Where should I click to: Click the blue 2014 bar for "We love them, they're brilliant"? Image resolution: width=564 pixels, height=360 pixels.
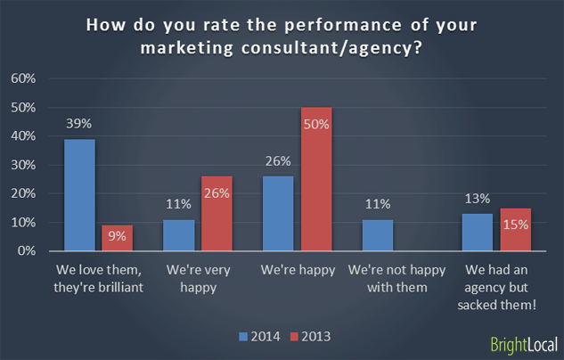[x=80, y=195]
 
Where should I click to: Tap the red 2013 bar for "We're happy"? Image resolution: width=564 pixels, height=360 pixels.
[x=315, y=179]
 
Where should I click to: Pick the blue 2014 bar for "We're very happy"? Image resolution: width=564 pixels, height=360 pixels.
[x=178, y=235]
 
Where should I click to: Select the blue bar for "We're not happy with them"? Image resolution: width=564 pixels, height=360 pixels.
[x=378, y=235]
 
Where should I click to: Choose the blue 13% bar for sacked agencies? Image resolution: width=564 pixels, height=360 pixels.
[x=478, y=233]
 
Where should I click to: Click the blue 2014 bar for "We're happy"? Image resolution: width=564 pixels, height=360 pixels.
[x=279, y=214]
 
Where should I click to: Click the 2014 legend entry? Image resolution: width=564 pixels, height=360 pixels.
[x=260, y=336]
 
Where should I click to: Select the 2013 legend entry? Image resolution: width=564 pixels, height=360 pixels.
[x=313, y=336]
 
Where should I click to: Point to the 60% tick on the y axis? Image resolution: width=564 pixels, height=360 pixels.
[x=23, y=78]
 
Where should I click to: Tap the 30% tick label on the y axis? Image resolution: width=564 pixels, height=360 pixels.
[x=23, y=165]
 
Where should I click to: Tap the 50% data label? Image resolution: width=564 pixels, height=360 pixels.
[x=315, y=125]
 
